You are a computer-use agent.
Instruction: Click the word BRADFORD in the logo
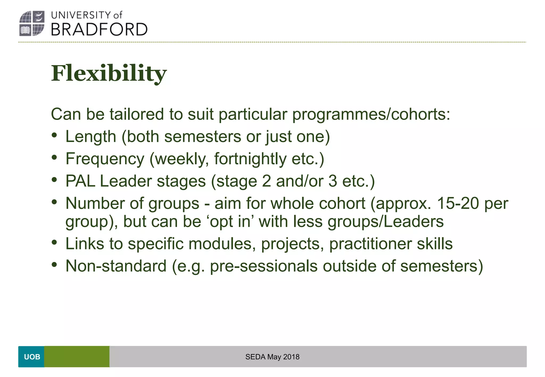point(99,30)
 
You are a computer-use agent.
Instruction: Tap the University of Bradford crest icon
point(32,23)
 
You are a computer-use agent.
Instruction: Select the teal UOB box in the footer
point(31,357)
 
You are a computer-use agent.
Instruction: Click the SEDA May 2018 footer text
point(272,357)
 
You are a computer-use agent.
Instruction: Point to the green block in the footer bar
point(77,357)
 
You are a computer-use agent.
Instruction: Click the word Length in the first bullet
point(91,137)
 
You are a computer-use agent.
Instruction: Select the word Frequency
point(105,159)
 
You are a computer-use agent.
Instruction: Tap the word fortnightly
point(250,159)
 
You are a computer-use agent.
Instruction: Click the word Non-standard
point(116,266)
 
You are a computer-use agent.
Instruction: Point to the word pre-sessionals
point(263,266)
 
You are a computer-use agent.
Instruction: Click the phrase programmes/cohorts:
point(371,115)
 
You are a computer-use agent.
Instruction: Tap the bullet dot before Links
point(55,242)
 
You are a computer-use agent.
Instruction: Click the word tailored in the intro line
point(137,114)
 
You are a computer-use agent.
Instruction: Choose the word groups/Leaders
point(385,221)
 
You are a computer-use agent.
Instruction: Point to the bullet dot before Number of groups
point(55,202)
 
